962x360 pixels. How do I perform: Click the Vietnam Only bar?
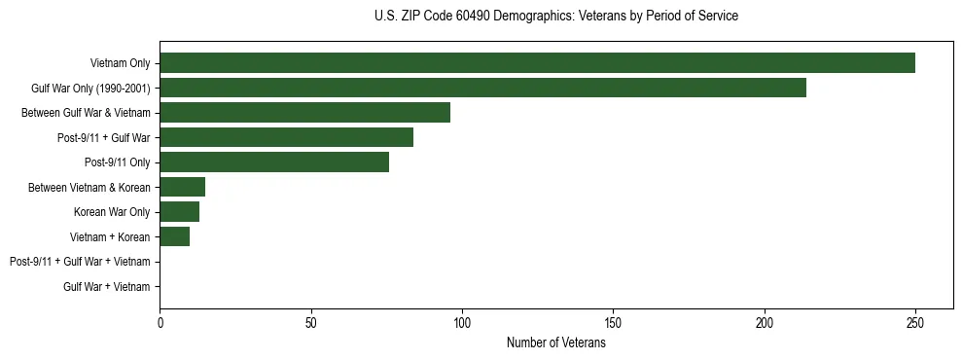(537, 63)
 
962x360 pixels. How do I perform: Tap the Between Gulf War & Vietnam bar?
(304, 113)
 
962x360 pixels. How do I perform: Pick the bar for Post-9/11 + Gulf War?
(286, 137)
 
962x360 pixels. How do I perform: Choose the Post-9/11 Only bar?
(274, 162)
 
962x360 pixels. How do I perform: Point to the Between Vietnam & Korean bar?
(182, 187)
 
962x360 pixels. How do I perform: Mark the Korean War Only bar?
(179, 211)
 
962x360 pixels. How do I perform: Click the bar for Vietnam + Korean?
(174, 236)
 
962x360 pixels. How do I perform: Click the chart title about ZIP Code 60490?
(555, 17)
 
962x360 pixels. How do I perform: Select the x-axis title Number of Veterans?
(555, 343)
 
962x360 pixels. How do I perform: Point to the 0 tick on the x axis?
(160, 322)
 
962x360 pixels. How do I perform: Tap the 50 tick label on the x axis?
(310, 322)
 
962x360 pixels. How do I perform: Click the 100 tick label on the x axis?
(462, 322)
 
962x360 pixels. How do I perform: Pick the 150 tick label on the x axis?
(613, 322)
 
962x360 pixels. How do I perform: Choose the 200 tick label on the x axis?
(765, 322)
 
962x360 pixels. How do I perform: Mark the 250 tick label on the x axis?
(915, 322)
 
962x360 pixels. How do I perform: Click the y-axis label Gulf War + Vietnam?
(107, 286)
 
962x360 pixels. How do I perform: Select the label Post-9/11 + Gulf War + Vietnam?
(80, 262)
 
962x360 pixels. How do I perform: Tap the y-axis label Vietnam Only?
(120, 63)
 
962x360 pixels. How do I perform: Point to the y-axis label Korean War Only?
(112, 211)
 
